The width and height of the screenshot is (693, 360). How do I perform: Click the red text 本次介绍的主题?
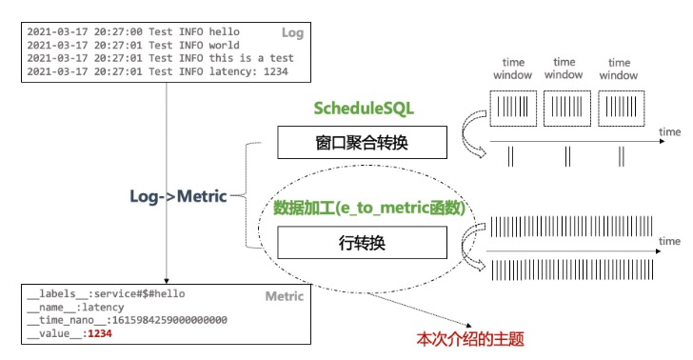click(x=471, y=338)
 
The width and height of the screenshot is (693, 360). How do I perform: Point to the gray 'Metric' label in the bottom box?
click(x=285, y=296)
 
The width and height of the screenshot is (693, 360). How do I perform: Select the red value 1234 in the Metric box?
click(x=101, y=333)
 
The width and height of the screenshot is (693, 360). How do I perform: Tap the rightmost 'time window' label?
click(x=618, y=68)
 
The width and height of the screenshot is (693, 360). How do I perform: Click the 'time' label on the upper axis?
click(x=670, y=130)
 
